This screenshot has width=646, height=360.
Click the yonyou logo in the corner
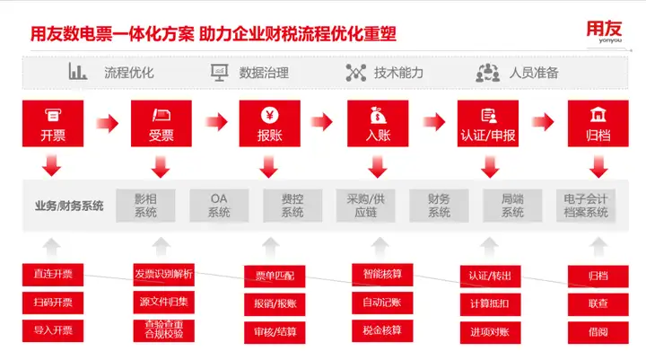604,31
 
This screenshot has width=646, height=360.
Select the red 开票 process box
53,123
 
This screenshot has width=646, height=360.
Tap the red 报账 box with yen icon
269,123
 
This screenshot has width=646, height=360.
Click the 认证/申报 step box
488,123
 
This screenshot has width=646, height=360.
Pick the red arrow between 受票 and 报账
216,122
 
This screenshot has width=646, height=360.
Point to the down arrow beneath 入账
378,167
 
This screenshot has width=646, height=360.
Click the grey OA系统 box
219,206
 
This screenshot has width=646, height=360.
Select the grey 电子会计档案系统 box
585,206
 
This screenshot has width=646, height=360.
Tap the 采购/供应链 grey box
365,206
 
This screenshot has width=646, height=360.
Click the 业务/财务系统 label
69,206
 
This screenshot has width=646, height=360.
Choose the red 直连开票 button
53,275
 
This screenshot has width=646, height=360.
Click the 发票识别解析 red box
163,275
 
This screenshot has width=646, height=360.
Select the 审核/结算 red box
275,332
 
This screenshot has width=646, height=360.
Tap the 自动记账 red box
382,303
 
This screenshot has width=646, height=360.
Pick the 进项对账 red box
490,332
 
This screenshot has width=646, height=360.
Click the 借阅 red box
598,332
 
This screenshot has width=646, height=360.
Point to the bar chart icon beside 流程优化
77,71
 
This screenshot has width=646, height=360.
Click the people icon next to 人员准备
488,73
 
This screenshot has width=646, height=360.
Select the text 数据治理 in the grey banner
264,73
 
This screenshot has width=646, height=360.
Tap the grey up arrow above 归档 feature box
598,247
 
